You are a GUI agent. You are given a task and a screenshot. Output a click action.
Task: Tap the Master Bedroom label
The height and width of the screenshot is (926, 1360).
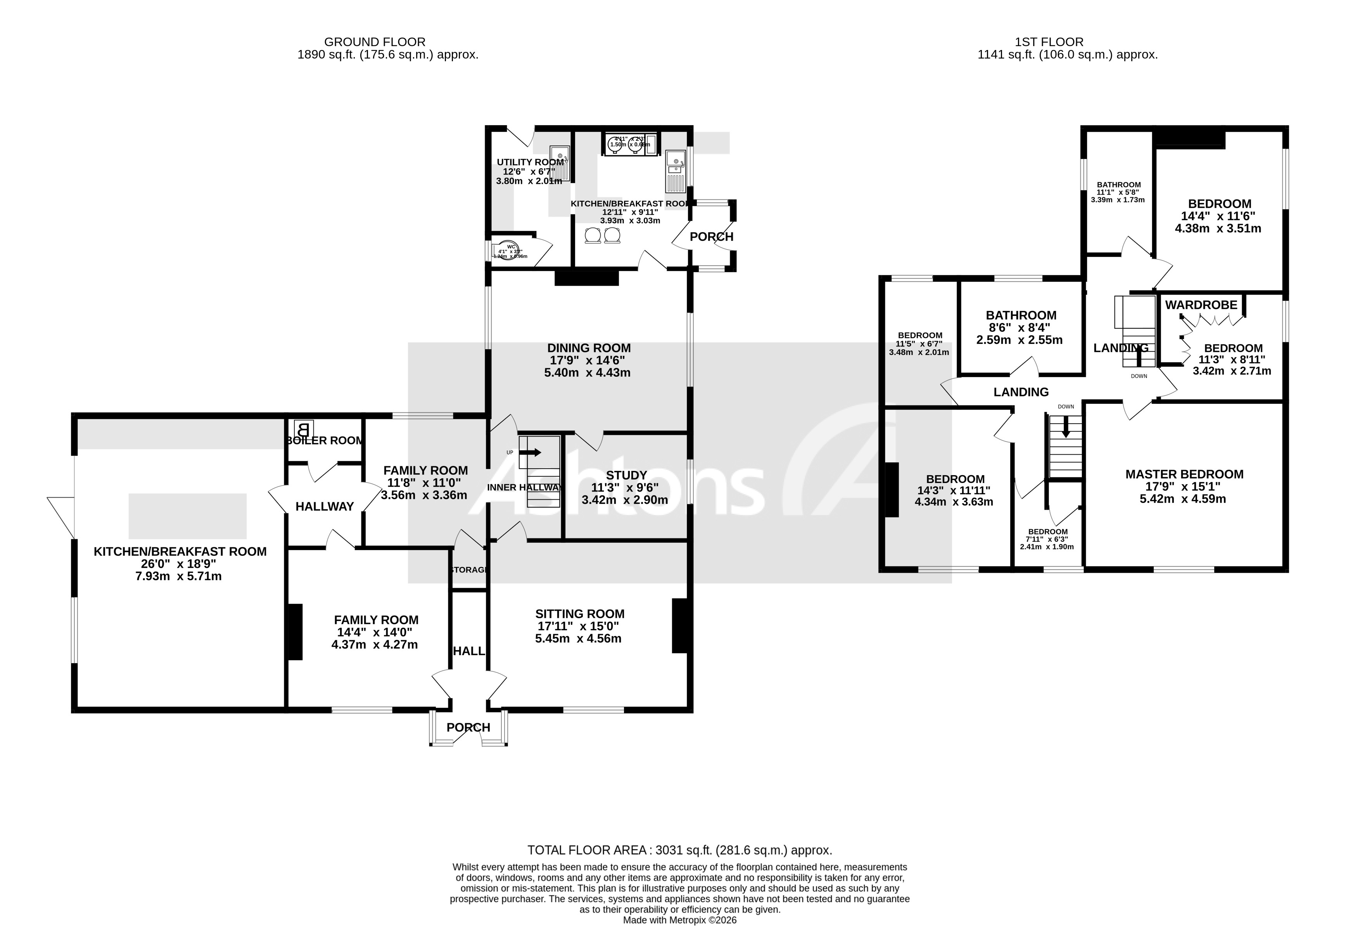(1184, 474)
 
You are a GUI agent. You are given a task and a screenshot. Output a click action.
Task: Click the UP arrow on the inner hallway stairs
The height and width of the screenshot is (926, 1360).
(530, 452)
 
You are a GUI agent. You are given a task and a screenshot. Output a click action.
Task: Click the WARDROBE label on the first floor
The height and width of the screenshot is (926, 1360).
(1201, 305)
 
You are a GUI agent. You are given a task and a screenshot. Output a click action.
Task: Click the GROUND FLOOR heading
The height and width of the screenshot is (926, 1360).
(375, 42)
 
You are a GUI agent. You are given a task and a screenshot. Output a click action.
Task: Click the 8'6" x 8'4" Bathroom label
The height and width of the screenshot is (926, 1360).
(1021, 315)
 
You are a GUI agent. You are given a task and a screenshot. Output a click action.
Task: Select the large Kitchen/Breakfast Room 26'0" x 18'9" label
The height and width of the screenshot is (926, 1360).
(180, 552)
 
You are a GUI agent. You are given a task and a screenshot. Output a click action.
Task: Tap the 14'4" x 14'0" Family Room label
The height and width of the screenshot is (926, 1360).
(376, 620)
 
